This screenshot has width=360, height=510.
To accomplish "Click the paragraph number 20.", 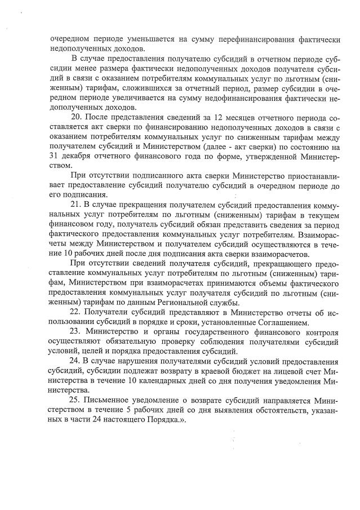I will pyautogui.click(x=78, y=117).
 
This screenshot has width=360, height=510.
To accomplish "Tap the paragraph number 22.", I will pyautogui.click(x=78, y=311).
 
